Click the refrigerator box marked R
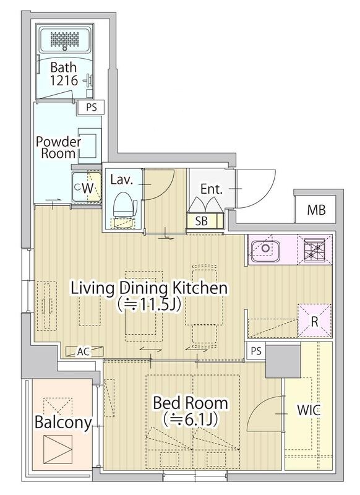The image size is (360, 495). pyautogui.click(x=314, y=321)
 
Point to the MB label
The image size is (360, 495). pyautogui.click(x=316, y=210)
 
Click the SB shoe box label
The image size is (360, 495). pyautogui.click(x=201, y=221)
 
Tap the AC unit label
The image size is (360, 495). pyautogui.click(x=84, y=351)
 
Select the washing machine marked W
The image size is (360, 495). pyautogui.click(x=87, y=187)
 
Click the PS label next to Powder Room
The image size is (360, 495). pyautogui.click(x=92, y=108)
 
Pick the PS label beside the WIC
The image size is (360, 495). pyautogui.click(x=256, y=351)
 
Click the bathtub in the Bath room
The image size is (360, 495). pyautogui.click(x=66, y=39)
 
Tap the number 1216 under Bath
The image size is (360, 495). pyautogui.click(x=64, y=80)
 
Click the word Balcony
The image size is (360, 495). pyautogui.click(x=63, y=422)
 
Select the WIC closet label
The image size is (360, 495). pyautogui.click(x=309, y=410)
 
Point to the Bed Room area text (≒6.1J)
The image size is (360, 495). pyautogui.click(x=191, y=420)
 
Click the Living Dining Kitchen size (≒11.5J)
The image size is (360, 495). pyautogui.click(x=148, y=304)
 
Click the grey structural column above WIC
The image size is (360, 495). pyautogui.click(x=283, y=361)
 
